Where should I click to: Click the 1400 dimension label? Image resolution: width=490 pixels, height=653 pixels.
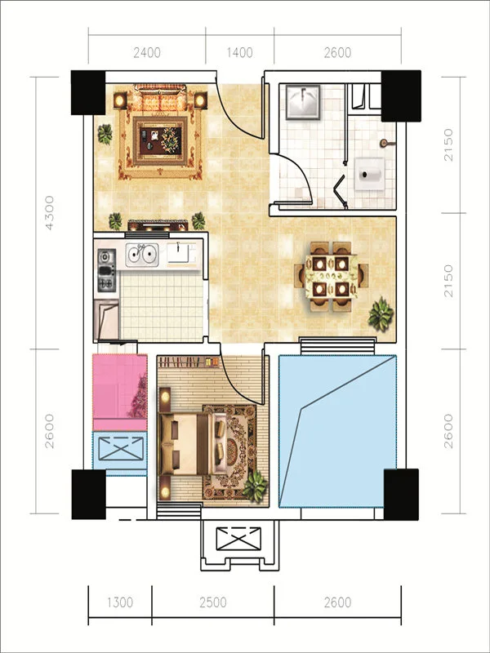[x=239, y=53]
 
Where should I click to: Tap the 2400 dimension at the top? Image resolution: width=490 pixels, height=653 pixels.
[x=147, y=53]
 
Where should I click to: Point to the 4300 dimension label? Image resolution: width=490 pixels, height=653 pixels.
[x=50, y=213]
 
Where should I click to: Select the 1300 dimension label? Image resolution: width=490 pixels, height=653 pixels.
[x=119, y=602]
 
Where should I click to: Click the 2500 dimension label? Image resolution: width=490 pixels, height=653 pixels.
[x=213, y=602]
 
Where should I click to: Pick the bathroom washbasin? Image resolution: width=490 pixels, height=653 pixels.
[x=303, y=102]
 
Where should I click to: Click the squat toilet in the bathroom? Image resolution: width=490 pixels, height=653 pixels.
[x=370, y=174]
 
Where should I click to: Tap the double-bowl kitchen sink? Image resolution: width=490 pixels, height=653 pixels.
[x=142, y=255]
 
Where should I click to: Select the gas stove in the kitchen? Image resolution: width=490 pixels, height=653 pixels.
[x=107, y=270]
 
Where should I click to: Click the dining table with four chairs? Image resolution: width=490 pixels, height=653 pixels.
[x=332, y=276]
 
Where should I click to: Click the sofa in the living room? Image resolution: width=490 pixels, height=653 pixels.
[x=160, y=99]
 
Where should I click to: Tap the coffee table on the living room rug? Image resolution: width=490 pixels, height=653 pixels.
[x=160, y=140]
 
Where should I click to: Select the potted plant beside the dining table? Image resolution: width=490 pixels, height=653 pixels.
[x=381, y=314]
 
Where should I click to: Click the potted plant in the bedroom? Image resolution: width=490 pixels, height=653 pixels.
[x=255, y=486]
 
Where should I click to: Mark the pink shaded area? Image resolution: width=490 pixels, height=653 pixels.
[x=119, y=393]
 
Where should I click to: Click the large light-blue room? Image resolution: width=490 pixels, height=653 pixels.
[x=337, y=431]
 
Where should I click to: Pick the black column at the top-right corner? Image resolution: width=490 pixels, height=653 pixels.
[x=401, y=96]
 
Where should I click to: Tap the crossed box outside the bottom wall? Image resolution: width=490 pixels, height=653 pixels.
[x=238, y=539]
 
